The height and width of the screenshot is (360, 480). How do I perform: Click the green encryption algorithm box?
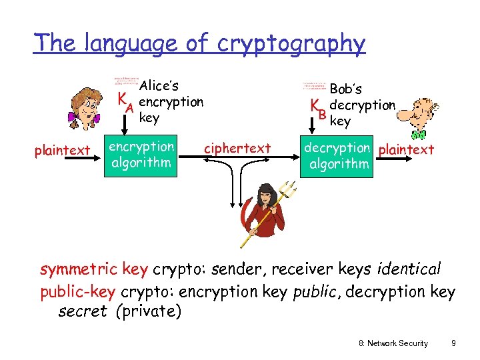coord(141,155)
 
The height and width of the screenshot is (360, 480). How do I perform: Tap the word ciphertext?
coord(237,148)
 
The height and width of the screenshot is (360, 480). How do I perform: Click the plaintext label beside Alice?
coord(62,150)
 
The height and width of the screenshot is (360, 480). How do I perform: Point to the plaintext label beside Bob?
coord(406,149)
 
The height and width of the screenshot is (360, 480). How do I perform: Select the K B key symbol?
coord(318,109)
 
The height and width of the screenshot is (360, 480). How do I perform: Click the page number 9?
coord(453,343)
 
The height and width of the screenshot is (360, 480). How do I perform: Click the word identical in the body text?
coord(409,269)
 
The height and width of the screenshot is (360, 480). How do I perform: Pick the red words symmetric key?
coord(94,269)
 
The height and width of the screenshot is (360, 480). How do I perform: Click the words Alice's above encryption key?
coord(159,86)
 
